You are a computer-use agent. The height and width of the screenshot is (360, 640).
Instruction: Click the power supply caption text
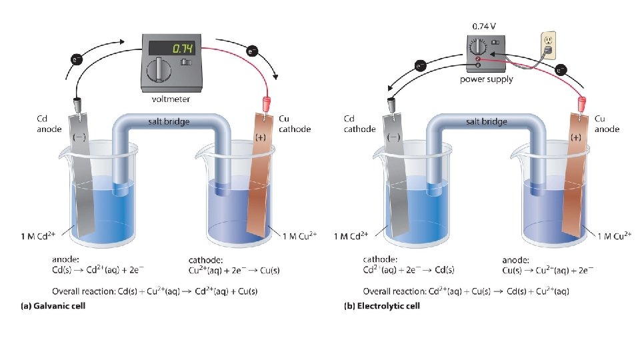pos(487,79)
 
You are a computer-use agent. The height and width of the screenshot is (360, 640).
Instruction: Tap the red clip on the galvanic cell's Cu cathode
pos(267,104)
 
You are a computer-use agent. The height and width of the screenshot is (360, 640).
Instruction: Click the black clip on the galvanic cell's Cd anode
pos(77,105)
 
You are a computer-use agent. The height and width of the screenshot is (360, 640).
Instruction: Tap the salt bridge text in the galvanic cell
pos(169,121)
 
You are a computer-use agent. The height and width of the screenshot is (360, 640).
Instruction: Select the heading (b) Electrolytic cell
pos(382,306)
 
